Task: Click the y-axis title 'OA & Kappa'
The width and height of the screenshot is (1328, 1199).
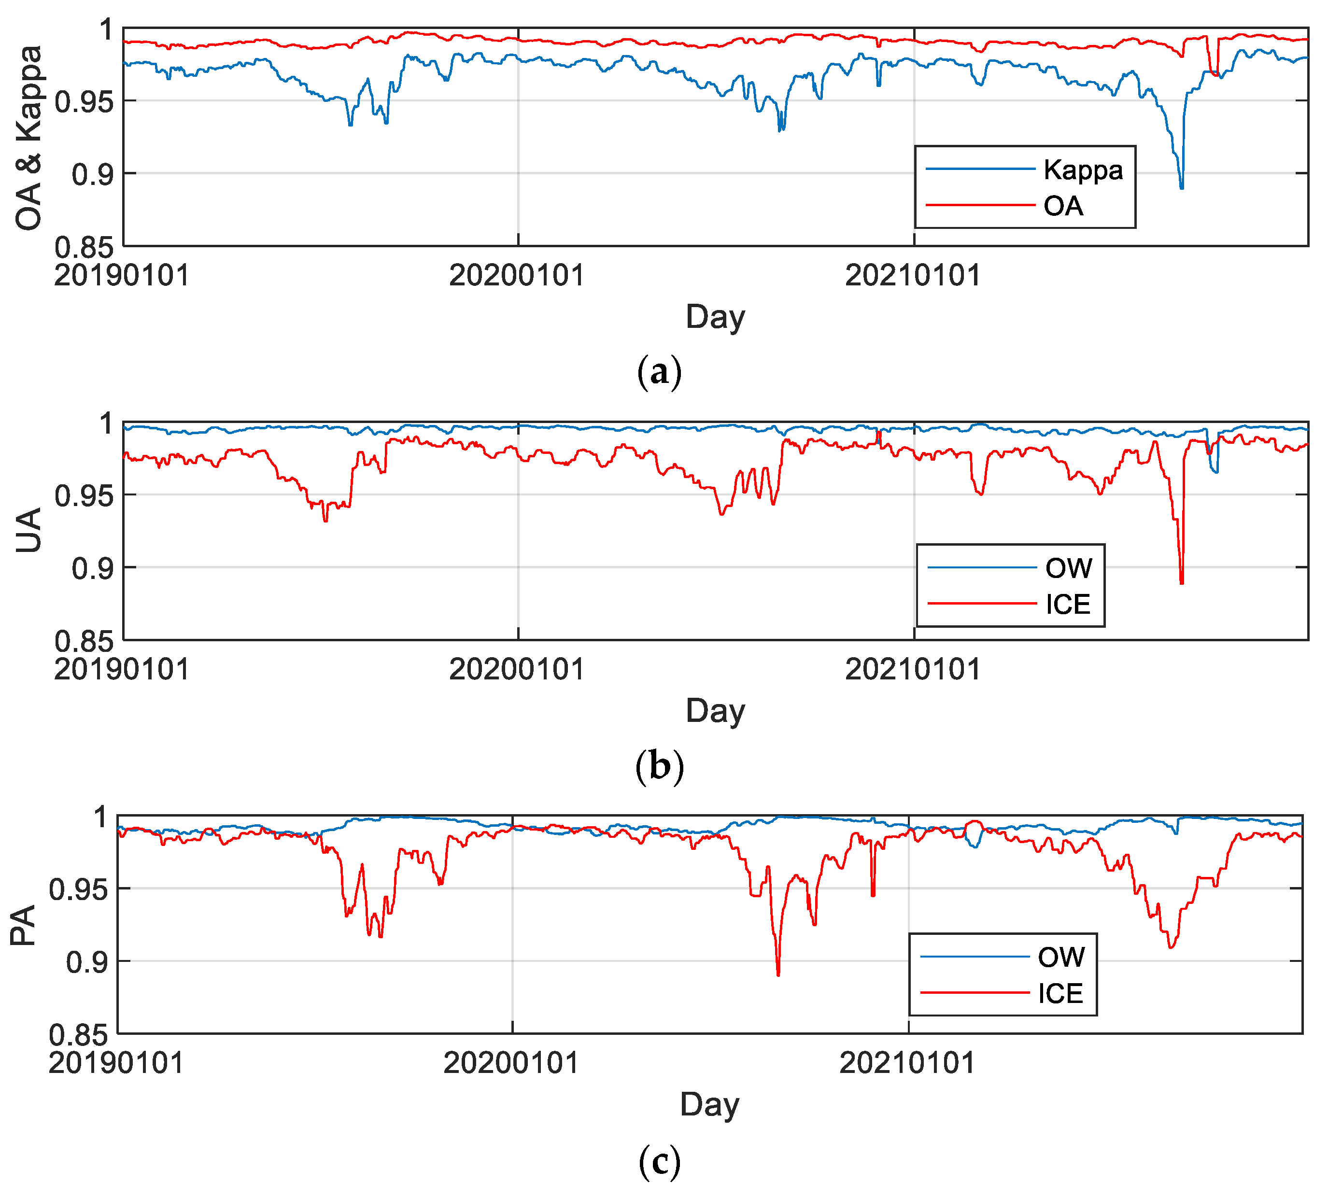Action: [x=29, y=138]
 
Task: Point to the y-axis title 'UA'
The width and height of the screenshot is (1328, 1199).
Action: [x=29, y=530]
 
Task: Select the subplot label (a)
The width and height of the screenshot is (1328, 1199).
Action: [x=659, y=372]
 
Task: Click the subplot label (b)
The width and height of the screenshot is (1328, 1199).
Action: [x=659, y=766]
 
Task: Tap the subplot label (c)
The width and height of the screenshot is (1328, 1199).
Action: [x=659, y=1163]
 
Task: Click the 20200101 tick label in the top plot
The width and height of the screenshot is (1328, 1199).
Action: [x=517, y=275]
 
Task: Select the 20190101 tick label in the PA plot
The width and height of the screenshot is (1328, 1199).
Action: [x=116, y=1063]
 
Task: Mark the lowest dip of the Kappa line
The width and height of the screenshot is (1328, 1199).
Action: [x=1181, y=188]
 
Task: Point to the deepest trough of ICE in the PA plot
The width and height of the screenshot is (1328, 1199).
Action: [x=778, y=974]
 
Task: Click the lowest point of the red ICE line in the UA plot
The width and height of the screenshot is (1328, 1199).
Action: [x=1182, y=582]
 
